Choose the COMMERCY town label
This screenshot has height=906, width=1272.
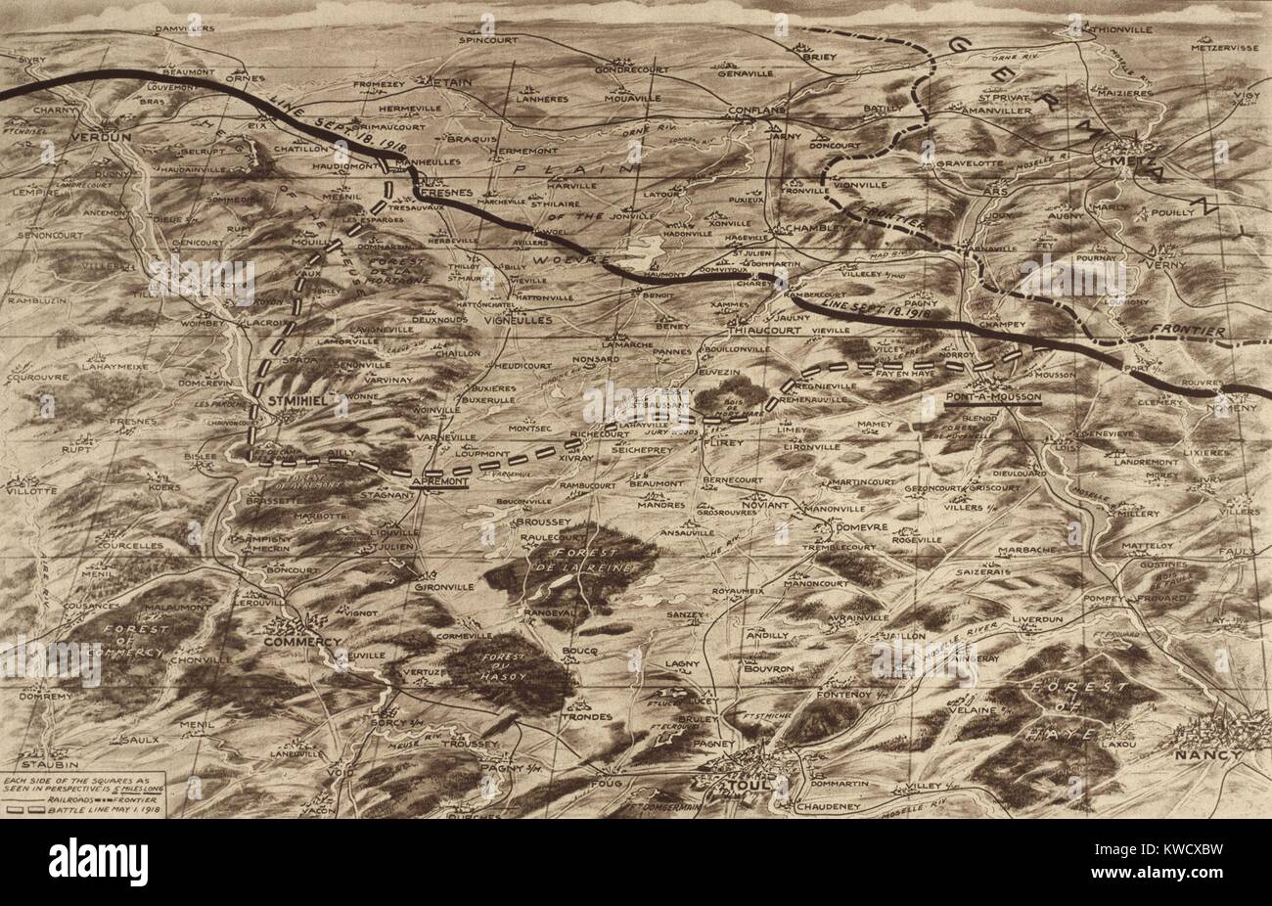(302, 642)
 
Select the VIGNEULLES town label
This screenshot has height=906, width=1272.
(519, 320)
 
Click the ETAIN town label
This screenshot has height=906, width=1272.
(451, 83)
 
